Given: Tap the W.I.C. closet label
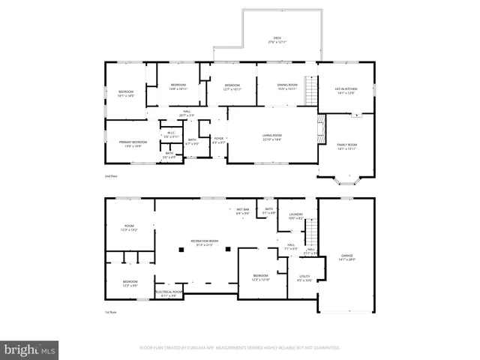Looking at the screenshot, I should click(170, 135).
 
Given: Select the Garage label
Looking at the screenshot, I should click(346, 256).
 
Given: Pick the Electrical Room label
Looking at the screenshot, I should click(169, 293).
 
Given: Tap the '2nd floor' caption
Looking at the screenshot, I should click(111, 177).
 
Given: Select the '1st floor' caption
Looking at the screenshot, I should click(110, 312).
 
